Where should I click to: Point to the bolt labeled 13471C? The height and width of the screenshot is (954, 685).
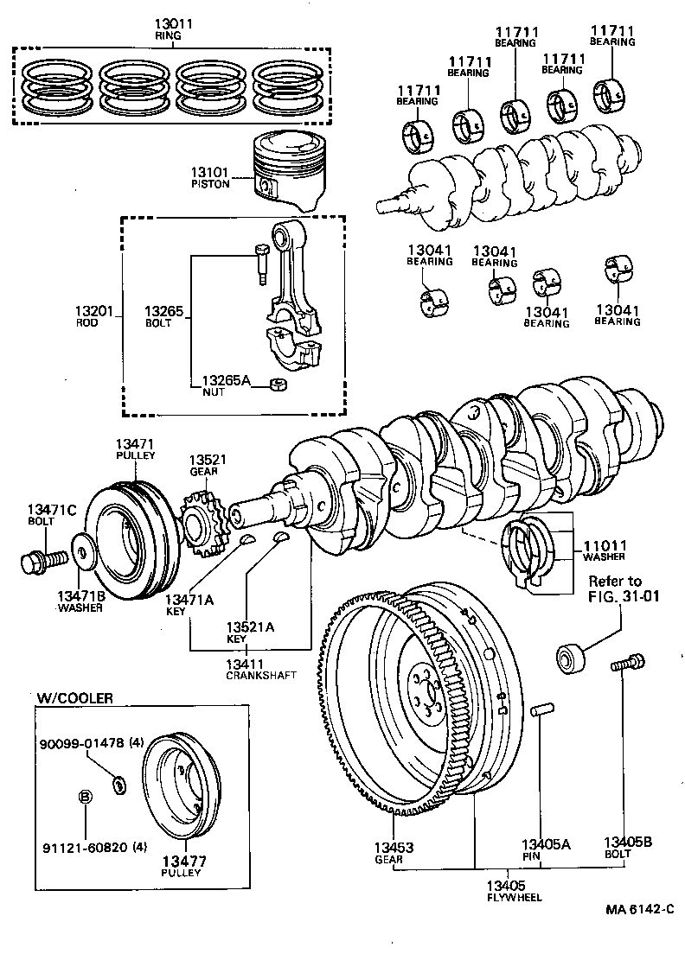42,561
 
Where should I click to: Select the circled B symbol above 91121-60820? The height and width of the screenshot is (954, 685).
85,797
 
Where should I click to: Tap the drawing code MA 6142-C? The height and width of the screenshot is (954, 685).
638,908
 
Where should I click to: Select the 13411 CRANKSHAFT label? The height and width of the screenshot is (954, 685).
251,669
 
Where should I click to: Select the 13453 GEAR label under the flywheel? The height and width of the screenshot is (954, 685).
394,852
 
